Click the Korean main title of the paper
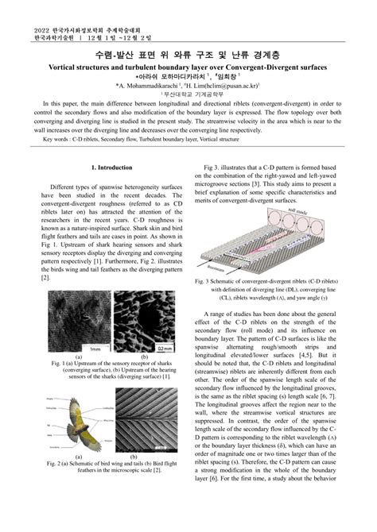click(188, 55)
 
